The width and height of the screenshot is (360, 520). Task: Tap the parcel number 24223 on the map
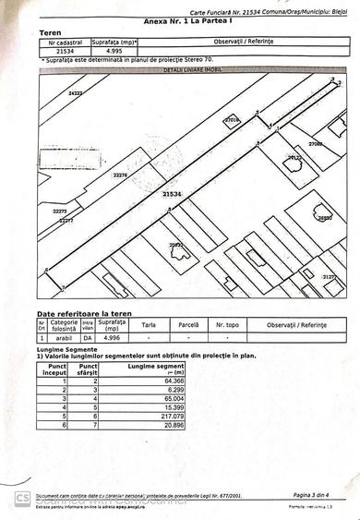(x=75, y=94)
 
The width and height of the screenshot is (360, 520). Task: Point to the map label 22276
(x=120, y=175)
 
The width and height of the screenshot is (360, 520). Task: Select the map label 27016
(x=232, y=120)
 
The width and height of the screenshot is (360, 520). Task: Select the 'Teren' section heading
(x=51, y=32)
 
